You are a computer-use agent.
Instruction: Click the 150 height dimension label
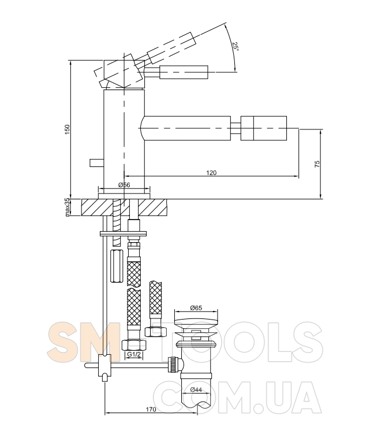[x=67, y=129]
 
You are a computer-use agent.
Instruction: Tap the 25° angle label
[x=236, y=46]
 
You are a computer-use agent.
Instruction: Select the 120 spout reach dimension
[x=211, y=173]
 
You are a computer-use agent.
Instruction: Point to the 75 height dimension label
[x=317, y=164]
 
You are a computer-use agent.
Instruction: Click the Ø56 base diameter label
[x=124, y=185]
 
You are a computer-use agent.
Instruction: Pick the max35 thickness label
[x=67, y=207]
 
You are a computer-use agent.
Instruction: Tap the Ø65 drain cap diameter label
[x=196, y=308]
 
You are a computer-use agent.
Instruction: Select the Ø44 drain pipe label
[x=196, y=389]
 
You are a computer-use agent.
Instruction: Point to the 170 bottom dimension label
[x=151, y=409]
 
